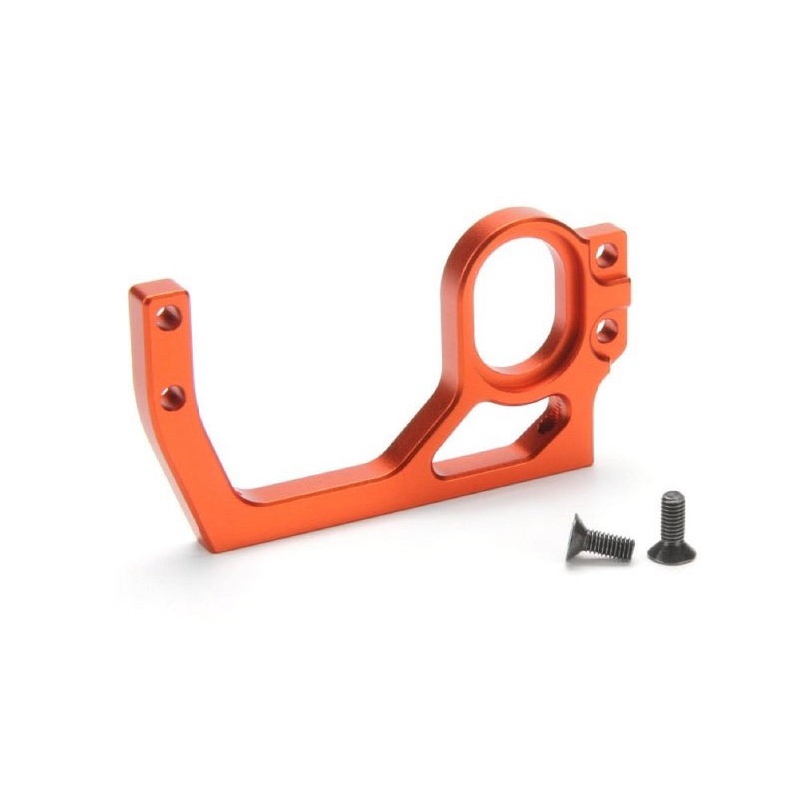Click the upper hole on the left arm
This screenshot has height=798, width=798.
coord(168,318)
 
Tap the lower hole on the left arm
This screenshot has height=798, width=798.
coord(173,398)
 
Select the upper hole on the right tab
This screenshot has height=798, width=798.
coord(605,254)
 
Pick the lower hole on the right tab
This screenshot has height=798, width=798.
coord(606,328)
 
